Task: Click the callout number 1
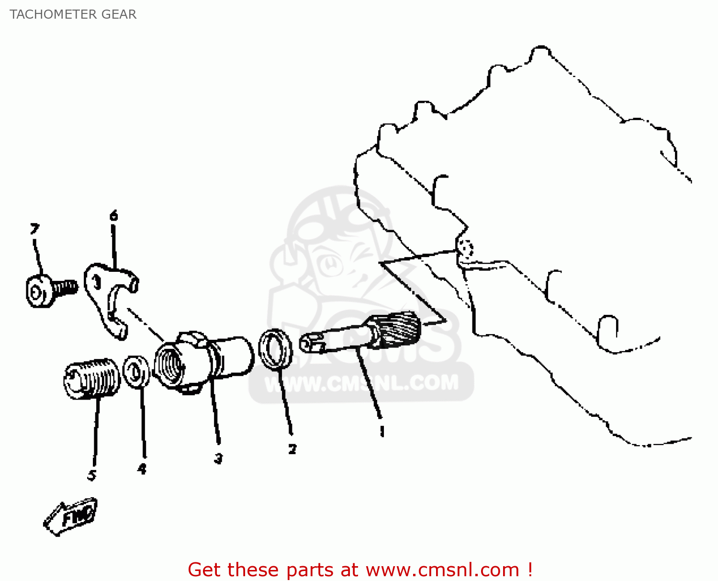[381, 431]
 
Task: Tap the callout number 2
[292, 449]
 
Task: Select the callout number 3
[218, 458]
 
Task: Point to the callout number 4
[142, 469]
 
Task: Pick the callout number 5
[92, 475]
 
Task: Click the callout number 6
[113, 216]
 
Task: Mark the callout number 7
[34, 229]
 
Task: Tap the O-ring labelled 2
[276, 349]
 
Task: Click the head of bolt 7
[38, 291]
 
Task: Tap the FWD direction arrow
[71, 517]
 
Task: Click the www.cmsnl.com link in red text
[442, 570]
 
